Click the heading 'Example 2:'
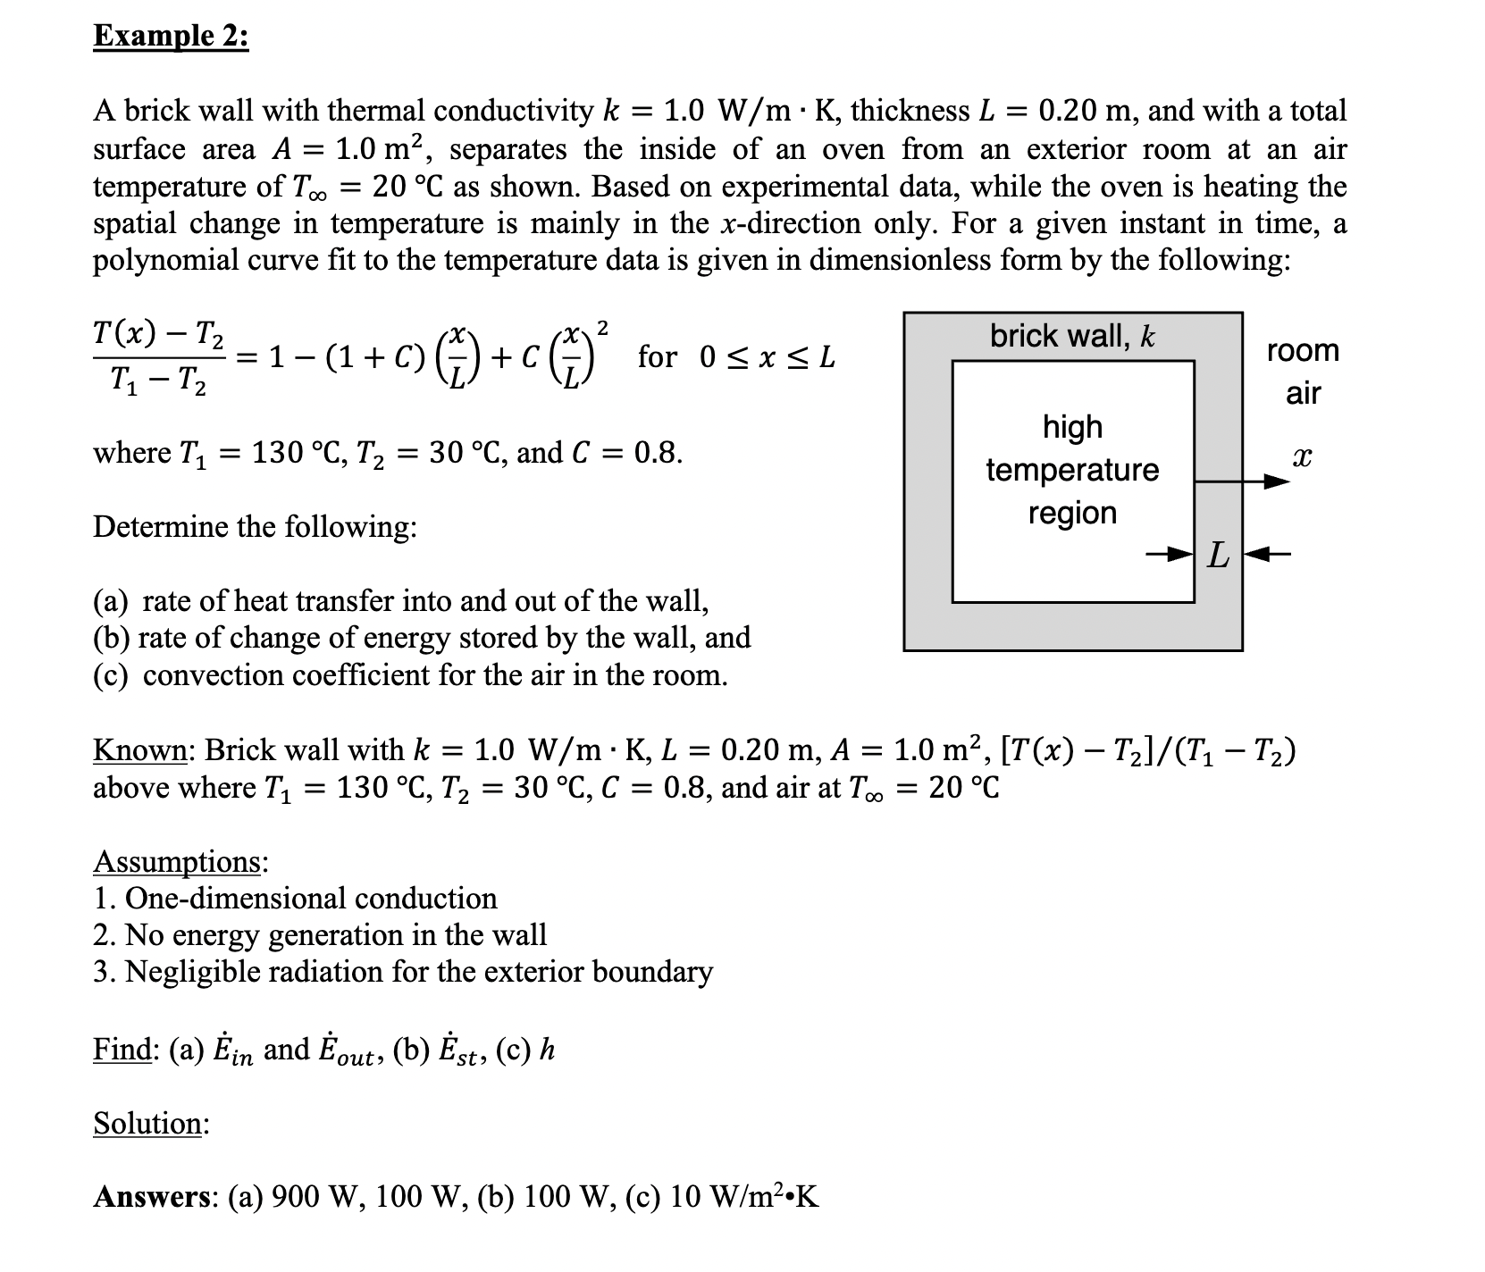171,38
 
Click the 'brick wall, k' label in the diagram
1071,336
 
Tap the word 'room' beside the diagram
1303,350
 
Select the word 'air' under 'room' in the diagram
1303,393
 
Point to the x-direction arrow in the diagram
1242,482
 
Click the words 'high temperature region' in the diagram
1072,470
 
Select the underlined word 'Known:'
139,750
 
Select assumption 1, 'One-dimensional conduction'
310,899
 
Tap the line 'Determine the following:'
255,527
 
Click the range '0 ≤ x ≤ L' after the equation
768,358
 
